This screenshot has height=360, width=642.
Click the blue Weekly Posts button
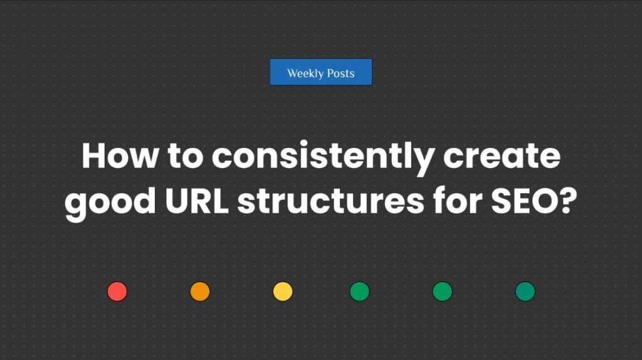[321, 72]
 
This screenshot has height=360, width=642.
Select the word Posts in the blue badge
[340, 73]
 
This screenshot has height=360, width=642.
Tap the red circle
[117, 292]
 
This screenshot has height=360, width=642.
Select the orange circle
[200, 292]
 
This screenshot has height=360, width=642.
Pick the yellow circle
[283, 292]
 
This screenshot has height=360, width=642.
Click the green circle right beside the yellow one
[359, 292]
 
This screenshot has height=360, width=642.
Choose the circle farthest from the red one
[525, 292]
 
